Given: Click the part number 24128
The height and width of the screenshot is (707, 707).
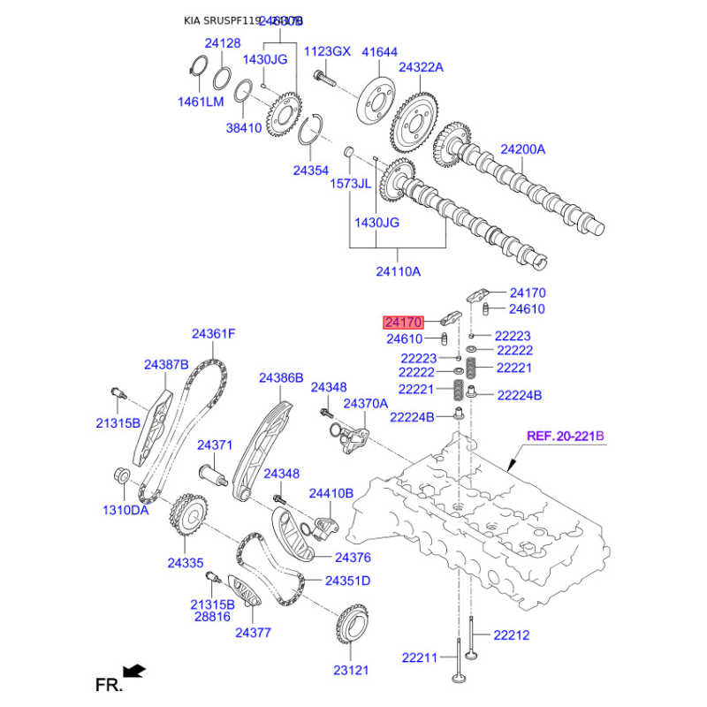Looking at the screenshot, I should click(x=223, y=43).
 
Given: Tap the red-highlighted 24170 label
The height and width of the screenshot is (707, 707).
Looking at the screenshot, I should click(x=403, y=323).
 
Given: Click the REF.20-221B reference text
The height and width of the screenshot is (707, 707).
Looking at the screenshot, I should click(x=565, y=436).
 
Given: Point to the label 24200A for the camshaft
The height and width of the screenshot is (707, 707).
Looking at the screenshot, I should click(x=523, y=150).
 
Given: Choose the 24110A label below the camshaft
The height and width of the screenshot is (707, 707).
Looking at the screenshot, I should click(x=399, y=270).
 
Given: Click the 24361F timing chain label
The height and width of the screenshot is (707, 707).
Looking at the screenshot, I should click(x=214, y=334).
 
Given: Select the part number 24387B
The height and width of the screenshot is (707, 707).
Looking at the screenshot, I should click(x=167, y=364).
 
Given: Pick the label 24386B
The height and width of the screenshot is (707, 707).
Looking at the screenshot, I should click(x=281, y=377).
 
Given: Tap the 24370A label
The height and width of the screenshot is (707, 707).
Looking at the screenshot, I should click(x=366, y=403).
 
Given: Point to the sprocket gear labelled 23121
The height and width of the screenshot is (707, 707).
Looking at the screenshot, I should click(x=352, y=629).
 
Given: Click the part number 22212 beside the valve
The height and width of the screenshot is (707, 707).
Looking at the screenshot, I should click(x=511, y=635).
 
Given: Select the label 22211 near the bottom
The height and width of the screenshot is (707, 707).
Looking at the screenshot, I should click(x=420, y=658).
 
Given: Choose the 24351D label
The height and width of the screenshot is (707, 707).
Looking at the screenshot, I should click(x=347, y=581).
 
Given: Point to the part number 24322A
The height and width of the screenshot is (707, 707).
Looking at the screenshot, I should click(x=421, y=67).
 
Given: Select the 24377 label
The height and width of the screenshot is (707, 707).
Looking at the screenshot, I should click(x=253, y=632).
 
